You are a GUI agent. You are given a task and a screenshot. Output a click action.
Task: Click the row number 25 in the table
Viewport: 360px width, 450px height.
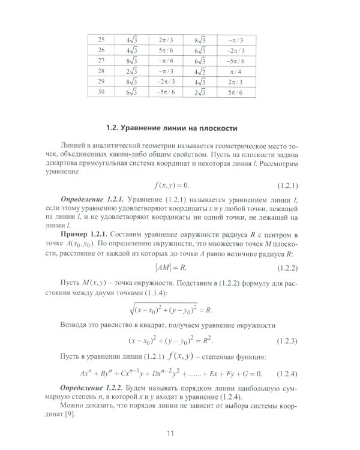click(101, 40)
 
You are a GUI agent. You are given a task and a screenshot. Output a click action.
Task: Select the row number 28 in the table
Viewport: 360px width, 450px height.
click(101, 71)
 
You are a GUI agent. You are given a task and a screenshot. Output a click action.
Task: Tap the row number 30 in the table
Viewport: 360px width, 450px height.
click(101, 92)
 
